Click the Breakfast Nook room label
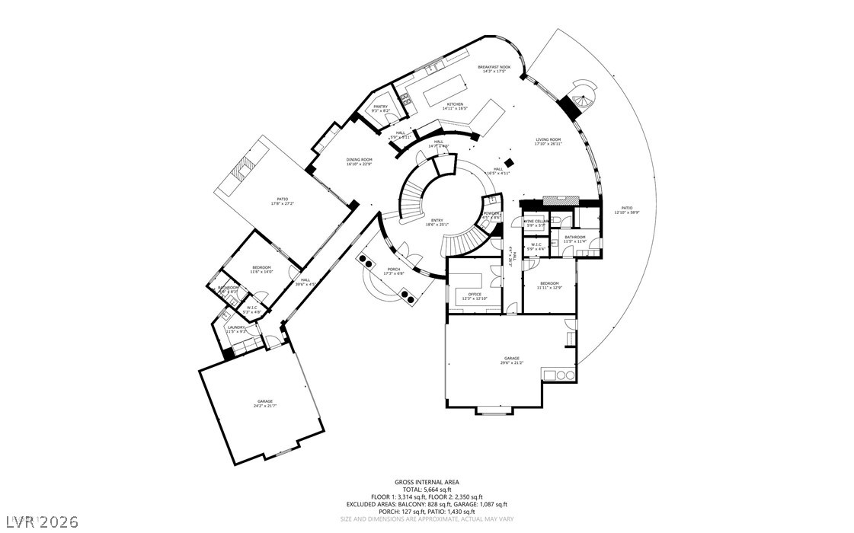(x=493, y=67)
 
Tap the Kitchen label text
(x=455, y=104)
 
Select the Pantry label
(x=380, y=107)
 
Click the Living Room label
(x=548, y=139)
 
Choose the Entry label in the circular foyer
(x=437, y=220)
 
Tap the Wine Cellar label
(x=536, y=222)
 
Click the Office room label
(x=474, y=294)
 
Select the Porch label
(x=393, y=269)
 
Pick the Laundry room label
(x=235, y=327)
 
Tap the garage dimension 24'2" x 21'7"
(x=264, y=406)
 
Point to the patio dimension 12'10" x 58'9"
(x=626, y=212)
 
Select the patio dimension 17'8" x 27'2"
(x=261, y=203)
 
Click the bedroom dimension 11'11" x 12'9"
(x=549, y=288)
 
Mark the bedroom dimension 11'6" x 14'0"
(x=261, y=272)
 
